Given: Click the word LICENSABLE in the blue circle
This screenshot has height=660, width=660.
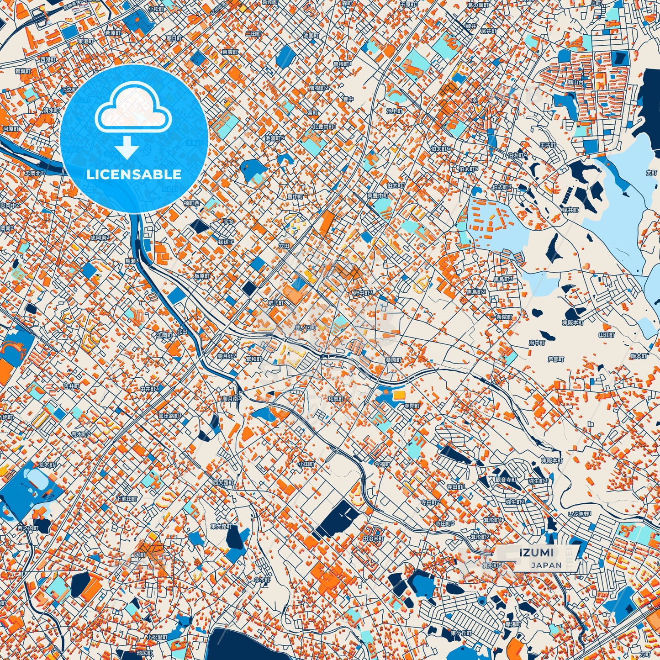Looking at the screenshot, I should tap(134, 174).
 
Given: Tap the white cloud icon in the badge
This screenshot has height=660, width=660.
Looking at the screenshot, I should tap(133, 108).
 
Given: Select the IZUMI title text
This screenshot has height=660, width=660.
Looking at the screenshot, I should tap(536, 552).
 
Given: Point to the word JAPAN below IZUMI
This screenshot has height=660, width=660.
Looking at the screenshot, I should tap(546, 565).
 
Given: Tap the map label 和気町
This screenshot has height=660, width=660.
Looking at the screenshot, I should tap(336, 399).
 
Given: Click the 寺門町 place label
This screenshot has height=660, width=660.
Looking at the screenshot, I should tap(411, 406).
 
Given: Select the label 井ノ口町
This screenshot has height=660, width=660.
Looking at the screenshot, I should tap(306, 327).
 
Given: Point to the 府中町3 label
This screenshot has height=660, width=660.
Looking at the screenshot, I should tap(363, 293).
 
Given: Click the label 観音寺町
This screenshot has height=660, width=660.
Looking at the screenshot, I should tap(505, 480).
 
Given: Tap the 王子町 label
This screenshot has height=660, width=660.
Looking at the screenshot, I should tap(547, 145).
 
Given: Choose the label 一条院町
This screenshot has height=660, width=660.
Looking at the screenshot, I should tap(504, 317).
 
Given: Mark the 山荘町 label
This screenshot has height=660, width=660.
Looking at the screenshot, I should tap(606, 335).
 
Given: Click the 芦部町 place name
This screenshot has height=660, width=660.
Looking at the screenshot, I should tap(556, 359).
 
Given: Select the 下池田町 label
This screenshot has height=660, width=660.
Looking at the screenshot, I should tap(127, 499).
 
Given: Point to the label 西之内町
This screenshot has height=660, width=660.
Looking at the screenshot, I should tap(28, 528).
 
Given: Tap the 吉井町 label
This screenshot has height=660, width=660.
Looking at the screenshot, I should tap(71, 386).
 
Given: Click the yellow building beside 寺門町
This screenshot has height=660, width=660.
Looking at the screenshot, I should tap(399, 394).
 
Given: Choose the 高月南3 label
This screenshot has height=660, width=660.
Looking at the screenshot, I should tap(232, 399).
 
